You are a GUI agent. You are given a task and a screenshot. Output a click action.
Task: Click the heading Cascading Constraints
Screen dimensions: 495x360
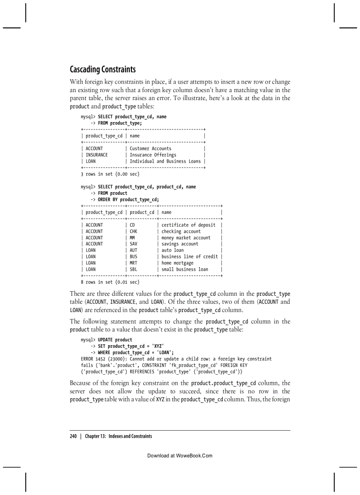click(103, 70)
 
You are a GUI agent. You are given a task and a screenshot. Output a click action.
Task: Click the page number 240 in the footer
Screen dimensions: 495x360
click(73, 436)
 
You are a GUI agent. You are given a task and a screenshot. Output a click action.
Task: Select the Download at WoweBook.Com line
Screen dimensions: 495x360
click(180, 455)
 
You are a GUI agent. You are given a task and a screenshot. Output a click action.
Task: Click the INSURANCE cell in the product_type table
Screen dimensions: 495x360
click(97, 155)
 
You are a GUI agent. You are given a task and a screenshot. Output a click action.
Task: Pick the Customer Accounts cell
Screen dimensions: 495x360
click(150, 149)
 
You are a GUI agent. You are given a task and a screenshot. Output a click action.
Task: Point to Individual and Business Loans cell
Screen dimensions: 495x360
click(165, 161)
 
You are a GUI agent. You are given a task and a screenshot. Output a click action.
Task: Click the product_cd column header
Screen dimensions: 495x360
click(142, 212)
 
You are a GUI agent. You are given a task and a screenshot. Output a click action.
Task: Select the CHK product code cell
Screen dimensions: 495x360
click(134, 231)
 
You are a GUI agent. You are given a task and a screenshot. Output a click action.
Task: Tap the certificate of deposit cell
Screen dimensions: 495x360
click(188, 225)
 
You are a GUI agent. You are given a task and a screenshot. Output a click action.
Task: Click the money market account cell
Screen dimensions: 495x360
click(186, 238)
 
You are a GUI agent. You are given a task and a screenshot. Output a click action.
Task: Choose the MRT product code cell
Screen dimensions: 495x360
click(134, 263)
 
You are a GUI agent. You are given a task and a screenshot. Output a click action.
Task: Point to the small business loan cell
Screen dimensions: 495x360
click(184, 269)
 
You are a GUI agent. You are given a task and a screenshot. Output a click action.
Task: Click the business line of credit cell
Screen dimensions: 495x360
click(189, 257)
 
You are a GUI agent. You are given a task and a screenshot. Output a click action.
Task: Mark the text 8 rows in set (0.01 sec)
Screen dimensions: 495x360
click(110, 282)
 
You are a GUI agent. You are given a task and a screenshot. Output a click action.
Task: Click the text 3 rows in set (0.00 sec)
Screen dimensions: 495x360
click(110, 174)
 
